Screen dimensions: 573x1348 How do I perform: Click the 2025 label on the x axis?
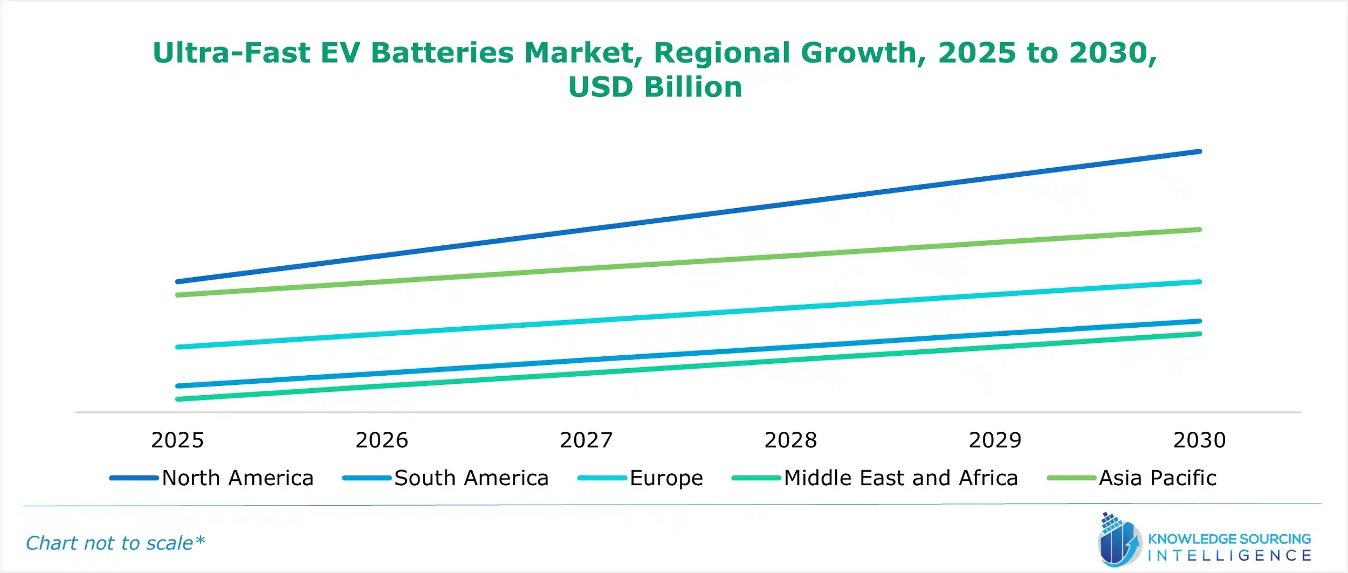[177, 440]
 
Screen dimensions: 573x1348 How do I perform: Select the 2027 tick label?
[586, 440]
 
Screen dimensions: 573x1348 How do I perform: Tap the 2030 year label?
[1200, 440]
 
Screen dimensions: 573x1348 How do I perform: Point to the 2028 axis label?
[790, 440]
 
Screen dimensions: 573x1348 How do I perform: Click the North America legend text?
[237, 478]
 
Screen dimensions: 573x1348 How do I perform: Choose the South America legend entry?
[471, 478]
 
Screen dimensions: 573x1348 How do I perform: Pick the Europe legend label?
[666, 478]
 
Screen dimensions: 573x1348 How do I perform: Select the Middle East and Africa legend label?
[900, 478]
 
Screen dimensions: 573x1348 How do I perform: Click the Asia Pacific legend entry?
[1158, 478]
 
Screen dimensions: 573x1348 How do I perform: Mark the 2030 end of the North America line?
[1199, 151]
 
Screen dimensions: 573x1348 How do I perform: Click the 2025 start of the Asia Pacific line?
[178, 295]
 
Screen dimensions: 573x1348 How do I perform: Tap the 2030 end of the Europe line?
[1199, 281]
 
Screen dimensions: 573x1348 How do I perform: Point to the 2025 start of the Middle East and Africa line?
[178, 399]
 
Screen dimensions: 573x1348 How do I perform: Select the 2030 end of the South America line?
[1199, 321]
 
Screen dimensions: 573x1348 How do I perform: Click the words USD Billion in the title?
[655, 87]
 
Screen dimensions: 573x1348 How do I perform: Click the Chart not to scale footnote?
[115, 543]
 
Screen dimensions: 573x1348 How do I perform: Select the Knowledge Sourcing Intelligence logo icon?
[1119, 541]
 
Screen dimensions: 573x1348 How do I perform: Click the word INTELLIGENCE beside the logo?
[1229, 556]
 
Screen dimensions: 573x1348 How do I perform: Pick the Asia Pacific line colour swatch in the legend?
[1071, 478]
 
